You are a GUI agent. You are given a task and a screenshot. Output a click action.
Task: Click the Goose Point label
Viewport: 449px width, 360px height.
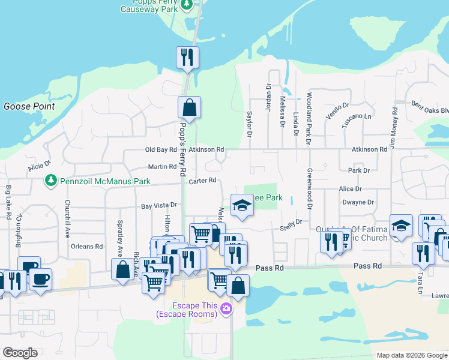tap(29, 107)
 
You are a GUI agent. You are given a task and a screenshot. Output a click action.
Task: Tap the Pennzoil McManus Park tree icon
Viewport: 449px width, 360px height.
tap(51, 180)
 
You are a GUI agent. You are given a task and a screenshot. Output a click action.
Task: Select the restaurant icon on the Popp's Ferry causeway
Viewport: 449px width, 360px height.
tap(187, 58)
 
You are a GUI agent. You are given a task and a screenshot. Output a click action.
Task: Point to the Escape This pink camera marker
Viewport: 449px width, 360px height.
tap(226, 308)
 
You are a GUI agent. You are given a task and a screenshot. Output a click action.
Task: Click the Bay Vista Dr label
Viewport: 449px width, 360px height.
tap(159, 206)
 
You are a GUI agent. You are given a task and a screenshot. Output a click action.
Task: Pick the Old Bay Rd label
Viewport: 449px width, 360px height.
tap(161, 149)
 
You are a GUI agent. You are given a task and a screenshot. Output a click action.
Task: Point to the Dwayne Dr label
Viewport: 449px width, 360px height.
tap(358, 202)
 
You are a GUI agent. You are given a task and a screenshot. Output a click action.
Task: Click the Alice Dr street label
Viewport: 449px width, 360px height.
tap(350, 188)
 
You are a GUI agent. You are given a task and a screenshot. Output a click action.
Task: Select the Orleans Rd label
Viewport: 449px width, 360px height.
tap(86, 246)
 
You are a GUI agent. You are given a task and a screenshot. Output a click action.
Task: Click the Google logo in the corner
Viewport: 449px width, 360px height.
tap(20, 353)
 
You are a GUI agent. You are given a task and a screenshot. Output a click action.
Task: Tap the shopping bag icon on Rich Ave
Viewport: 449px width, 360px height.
tap(122, 270)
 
